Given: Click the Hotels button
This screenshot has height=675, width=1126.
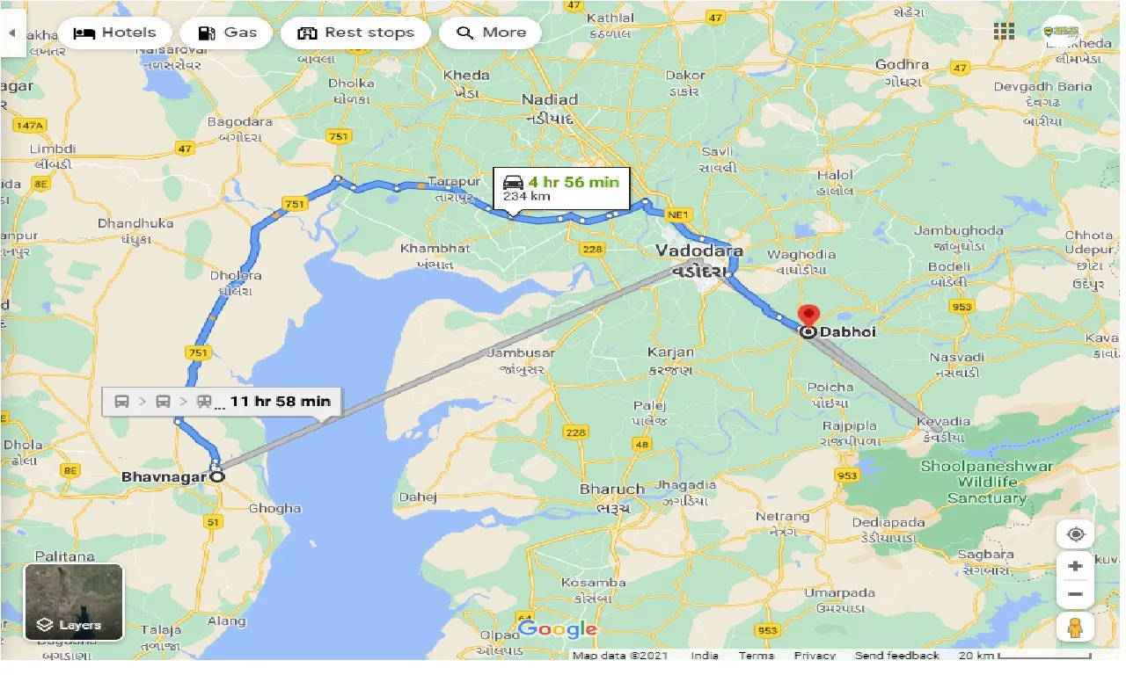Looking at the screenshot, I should tap(114, 33).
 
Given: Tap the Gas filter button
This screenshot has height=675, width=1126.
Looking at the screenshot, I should tap(227, 33).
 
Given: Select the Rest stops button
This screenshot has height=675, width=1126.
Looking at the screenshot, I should tap(355, 33).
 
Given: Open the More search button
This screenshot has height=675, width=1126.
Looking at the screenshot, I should tap(492, 33).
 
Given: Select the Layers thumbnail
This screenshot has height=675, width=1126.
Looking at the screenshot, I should tap(74, 602).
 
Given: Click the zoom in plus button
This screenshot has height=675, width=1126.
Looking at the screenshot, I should tap(1075, 566).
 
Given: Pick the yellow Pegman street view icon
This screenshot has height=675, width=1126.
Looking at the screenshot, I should tap(1075, 627).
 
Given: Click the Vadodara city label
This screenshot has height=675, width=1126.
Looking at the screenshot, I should tap(698, 251).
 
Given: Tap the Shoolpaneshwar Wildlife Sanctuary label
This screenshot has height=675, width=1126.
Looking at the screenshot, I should tap(986, 482).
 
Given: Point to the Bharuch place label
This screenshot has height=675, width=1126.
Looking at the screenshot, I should tap(611, 489).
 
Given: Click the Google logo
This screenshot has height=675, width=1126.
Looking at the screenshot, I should tap(558, 628).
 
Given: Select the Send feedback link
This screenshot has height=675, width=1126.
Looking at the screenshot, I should tap(896, 656).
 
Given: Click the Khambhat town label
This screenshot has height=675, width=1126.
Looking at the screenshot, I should tap(435, 249).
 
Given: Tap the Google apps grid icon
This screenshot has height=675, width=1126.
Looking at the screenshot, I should tap(1004, 33).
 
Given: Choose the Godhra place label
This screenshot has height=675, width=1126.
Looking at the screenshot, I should tap(902, 65).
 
